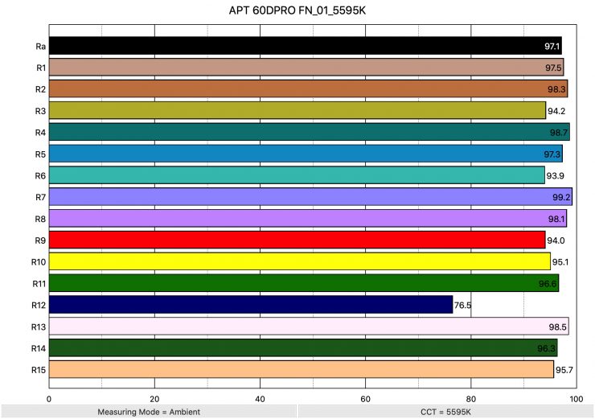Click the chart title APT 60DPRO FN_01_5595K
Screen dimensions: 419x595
[x=297, y=12]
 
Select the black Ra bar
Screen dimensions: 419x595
[x=306, y=45]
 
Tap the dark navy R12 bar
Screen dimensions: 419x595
[x=251, y=305]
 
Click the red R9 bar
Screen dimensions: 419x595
[x=297, y=240]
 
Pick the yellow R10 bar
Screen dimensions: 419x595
[x=300, y=261]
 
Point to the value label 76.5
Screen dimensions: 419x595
[x=463, y=306]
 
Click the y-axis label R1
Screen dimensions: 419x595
[x=39, y=67]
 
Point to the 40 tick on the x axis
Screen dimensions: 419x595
[x=260, y=398]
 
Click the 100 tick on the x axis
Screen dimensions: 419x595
[x=576, y=398]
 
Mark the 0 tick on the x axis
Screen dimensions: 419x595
[x=50, y=398]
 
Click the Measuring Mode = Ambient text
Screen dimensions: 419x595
[x=148, y=412]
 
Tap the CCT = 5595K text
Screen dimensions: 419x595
[x=445, y=412]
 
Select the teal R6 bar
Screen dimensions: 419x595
[x=297, y=175]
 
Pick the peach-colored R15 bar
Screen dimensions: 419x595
[x=302, y=369]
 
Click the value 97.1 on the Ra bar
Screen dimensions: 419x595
[x=551, y=46]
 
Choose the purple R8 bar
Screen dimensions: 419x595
[x=308, y=218]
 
